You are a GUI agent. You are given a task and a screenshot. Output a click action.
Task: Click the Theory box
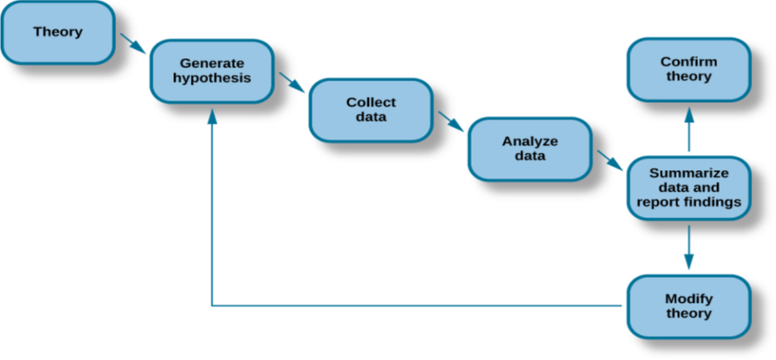pos(58,32)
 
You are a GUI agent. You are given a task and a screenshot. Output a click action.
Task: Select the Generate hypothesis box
pos(212,71)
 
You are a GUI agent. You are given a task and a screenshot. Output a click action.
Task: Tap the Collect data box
pos(371,109)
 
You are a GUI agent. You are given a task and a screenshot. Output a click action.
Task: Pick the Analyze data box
pos(530,148)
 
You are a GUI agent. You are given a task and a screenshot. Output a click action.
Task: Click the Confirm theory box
pos(687,70)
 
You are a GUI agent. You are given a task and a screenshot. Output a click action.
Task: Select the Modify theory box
pos(688,306)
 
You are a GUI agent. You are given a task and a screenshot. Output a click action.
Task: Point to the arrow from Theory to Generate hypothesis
pos(132,41)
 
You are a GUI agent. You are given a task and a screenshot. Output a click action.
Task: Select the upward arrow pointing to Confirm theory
pos(688,129)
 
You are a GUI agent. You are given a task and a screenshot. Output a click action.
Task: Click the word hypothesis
pos(212,78)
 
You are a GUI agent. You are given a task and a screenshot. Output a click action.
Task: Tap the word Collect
pos(371,103)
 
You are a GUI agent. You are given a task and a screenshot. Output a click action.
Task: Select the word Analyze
pos(530,141)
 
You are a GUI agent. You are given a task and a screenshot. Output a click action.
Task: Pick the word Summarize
pos(688,173)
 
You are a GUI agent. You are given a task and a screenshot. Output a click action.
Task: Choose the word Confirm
pos(687,62)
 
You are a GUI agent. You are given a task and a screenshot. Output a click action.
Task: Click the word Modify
pos(688,299)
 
